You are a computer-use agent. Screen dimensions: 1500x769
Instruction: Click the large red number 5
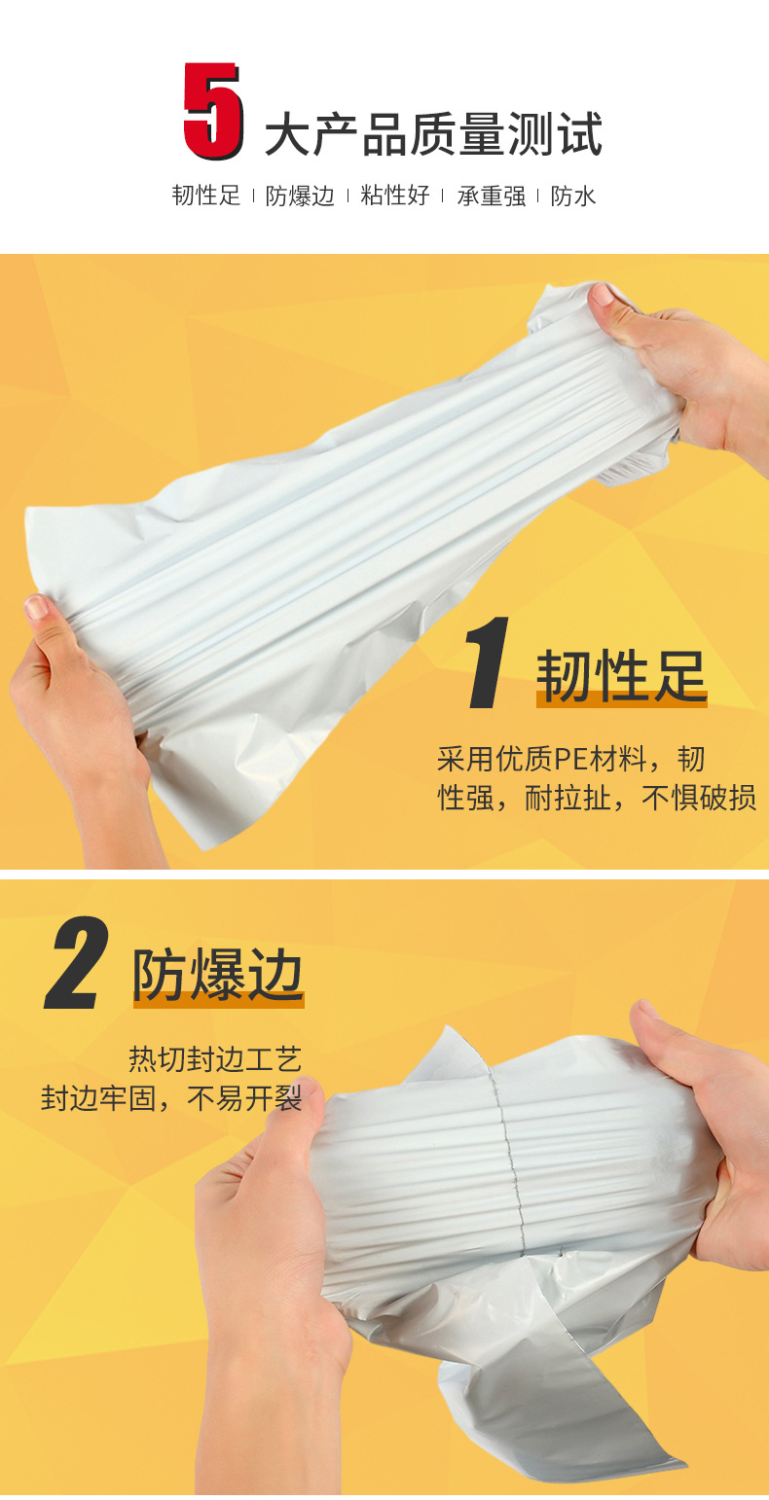(212, 111)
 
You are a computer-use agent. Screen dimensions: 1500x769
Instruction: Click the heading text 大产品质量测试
(434, 134)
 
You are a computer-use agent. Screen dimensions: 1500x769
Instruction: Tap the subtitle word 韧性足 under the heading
(206, 196)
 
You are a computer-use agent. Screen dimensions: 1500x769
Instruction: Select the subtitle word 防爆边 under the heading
(300, 196)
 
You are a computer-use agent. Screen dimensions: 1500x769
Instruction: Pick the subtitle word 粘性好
(395, 196)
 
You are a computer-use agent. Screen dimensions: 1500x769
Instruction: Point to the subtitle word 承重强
(492, 196)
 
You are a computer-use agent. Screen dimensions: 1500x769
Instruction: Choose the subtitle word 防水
(573, 196)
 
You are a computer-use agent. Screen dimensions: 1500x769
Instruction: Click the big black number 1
(487, 664)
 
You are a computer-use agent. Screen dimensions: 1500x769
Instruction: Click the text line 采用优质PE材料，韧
(570, 759)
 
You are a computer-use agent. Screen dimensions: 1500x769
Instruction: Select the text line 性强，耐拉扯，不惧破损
(597, 800)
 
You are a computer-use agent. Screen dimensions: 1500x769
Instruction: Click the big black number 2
(76, 966)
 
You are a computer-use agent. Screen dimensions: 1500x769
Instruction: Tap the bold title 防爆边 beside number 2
(218, 976)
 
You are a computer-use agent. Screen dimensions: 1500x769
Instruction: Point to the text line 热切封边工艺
(215, 1057)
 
